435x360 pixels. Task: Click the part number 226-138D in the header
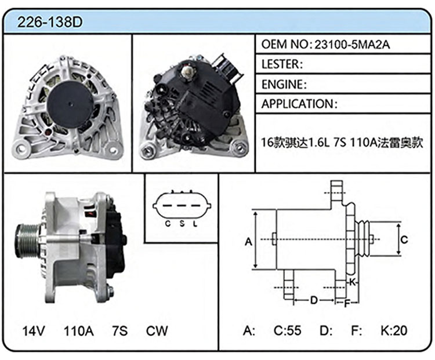point(50,22)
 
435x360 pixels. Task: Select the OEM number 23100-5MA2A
point(352,45)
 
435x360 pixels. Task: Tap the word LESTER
point(281,64)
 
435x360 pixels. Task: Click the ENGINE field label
point(282,84)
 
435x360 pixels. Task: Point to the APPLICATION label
point(298,104)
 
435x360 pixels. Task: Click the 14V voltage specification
point(33,331)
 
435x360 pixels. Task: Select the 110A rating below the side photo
point(79,331)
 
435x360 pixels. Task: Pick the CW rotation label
point(157,331)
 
